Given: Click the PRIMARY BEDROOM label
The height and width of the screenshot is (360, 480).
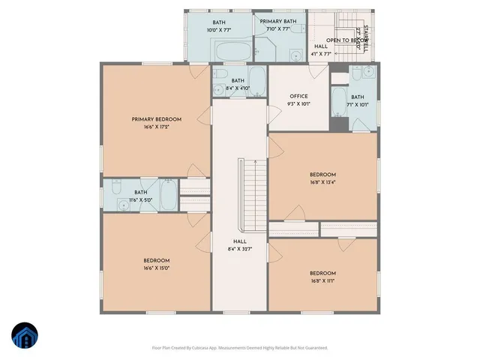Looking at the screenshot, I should [157, 119].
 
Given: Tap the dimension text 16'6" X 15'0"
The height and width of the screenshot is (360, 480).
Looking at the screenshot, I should [157, 268].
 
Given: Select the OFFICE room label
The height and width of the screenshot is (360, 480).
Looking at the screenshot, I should [298, 97].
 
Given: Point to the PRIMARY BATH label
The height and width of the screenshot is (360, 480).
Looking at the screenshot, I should [279, 22].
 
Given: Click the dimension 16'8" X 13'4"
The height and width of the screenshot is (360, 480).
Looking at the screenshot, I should [322, 181].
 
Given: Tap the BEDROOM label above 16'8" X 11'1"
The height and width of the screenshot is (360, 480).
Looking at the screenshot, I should [322, 273].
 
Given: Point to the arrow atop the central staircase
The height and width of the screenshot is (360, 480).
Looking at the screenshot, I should [255, 161].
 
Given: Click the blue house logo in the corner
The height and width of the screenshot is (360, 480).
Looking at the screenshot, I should [24, 336].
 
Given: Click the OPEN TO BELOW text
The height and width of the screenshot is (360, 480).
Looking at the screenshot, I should [346, 40].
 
